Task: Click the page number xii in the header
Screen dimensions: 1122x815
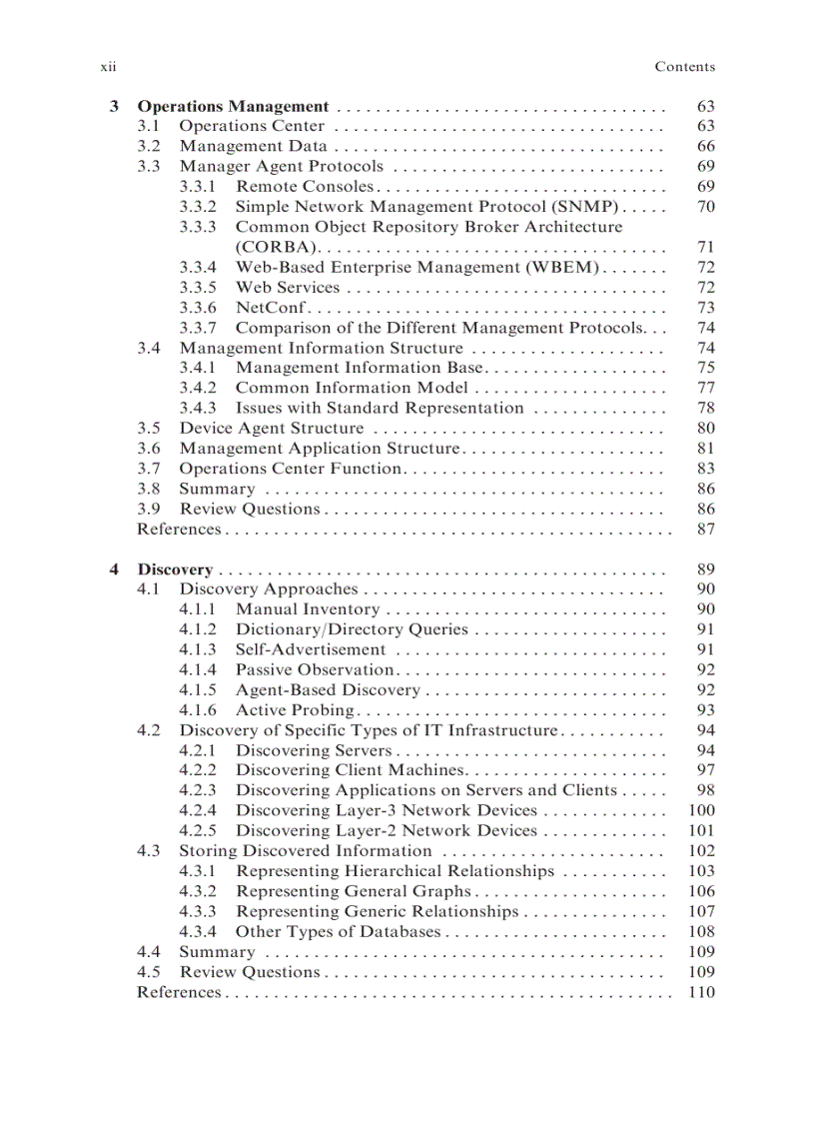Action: coord(109,67)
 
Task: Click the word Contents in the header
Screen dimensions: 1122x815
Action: coord(684,67)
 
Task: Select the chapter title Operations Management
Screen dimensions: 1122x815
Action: coord(233,106)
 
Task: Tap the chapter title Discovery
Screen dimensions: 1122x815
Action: coord(175,569)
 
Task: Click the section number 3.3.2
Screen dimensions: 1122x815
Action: coord(198,207)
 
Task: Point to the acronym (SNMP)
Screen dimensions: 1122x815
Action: coord(584,207)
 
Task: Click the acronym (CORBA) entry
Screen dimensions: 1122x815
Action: coord(276,247)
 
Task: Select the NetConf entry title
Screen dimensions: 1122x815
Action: coord(270,308)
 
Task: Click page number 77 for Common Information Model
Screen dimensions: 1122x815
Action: coord(705,388)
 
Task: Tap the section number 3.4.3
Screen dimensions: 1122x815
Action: coord(198,408)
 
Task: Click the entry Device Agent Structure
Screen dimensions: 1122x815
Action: coord(272,428)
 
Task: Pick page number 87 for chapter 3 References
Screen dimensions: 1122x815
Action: coord(705,529)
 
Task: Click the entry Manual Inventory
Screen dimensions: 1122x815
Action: coord(308,609)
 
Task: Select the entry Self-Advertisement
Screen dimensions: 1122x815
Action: coord(311,649)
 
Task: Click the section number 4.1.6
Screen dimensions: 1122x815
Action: coord(198,710)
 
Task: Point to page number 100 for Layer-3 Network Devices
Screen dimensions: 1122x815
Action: coord(702,810)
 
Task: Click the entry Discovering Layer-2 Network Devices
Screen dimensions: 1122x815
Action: coord(387,831)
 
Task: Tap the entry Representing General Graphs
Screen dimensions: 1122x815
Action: coord(353,891)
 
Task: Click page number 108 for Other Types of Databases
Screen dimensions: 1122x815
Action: coord(702,931)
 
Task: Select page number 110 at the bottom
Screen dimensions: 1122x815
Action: coord(702,992)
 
